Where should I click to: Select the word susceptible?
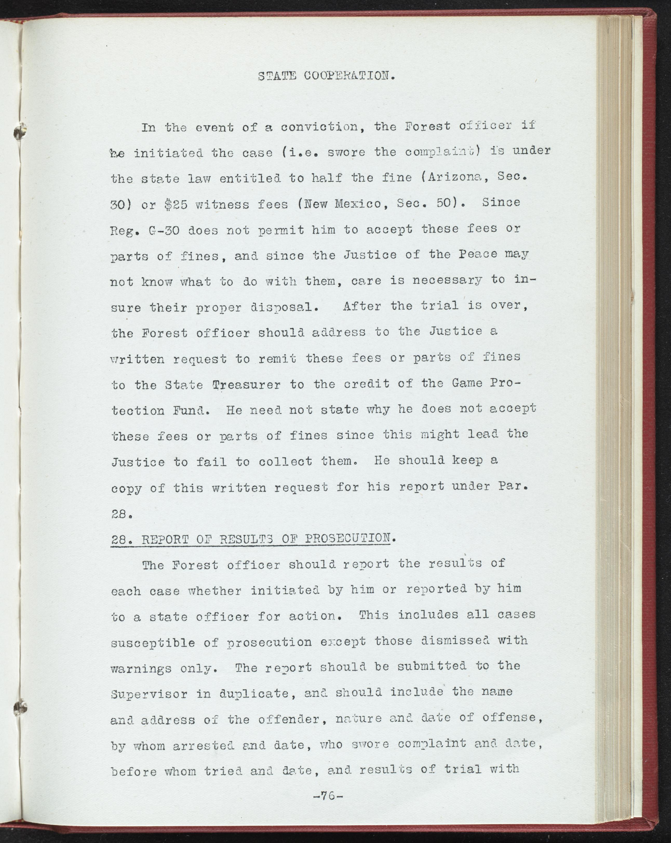pyautogui.click(x=153, y=642)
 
